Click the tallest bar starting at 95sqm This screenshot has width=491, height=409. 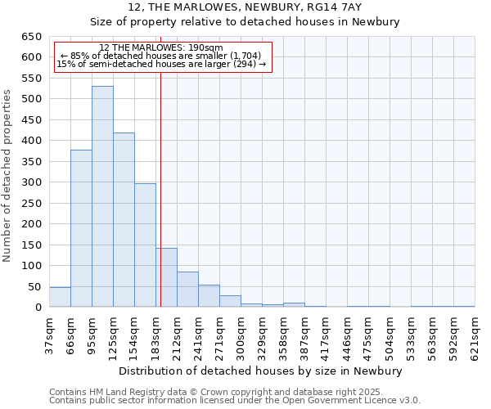(x=102, y=196)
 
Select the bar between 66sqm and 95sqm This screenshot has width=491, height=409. (x=81, y=228)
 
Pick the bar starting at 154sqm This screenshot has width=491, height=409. (x=145, y=245)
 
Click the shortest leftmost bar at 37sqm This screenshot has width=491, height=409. (x=60, y=297)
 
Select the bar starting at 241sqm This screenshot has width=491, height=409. (x=209, y=296)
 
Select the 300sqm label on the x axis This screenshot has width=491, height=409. (x=241, y=338)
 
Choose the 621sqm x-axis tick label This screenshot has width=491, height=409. (x=475, y=338)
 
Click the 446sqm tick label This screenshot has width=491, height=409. (x=347, y=338)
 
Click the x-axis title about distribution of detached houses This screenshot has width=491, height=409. (x=261, y=371)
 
